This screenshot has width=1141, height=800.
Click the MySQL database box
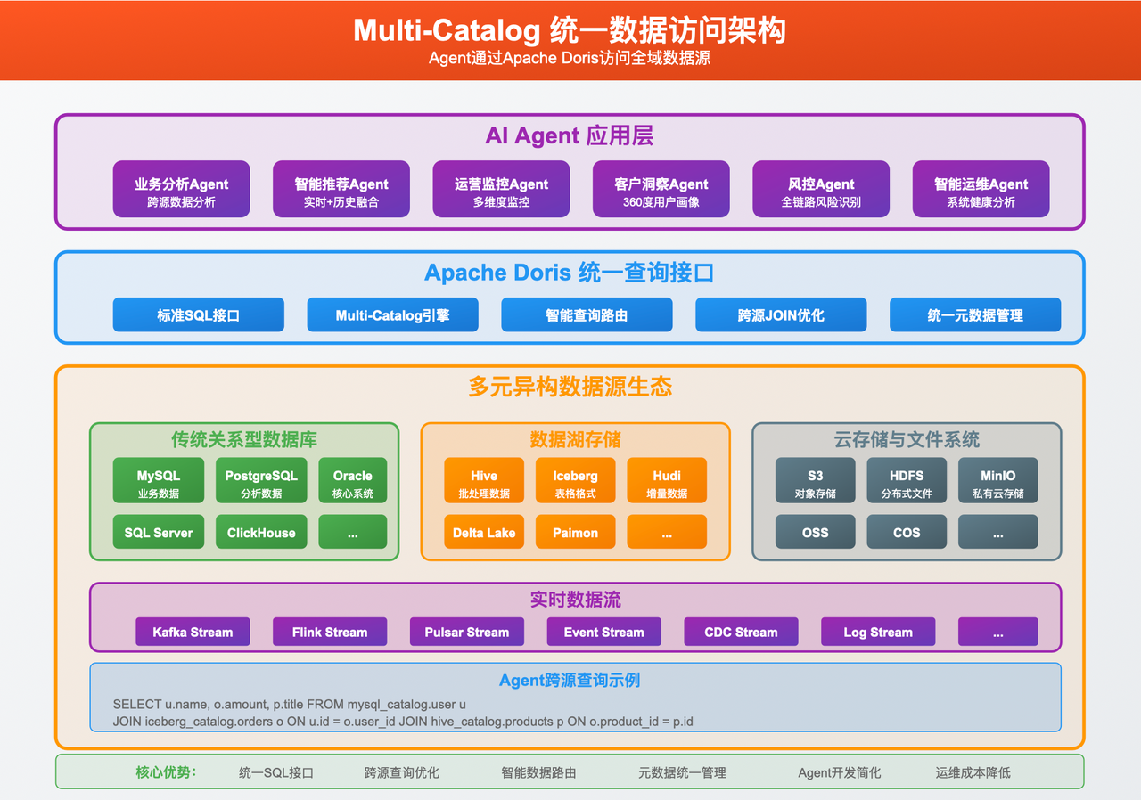tap(159, 482)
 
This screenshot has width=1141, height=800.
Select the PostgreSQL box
tap(261, 482)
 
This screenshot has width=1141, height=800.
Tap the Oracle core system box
tap(352, 482)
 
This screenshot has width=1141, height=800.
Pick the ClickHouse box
tap(261, 532)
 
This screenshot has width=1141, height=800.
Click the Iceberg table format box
tap(575, 482)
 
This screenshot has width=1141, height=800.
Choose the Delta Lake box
tap(484, 532)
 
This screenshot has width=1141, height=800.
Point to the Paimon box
tap(575, 532)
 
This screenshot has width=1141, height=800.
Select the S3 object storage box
tap(815, 482)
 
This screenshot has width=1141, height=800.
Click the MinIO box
tap(997, 482)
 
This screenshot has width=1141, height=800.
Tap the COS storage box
tap(907, 532)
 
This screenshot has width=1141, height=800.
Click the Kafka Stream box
tap(193, 632)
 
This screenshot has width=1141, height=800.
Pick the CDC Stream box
tap(741, 632)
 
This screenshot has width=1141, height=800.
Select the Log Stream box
tap(878, 632)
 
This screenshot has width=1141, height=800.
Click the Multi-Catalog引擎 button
tap(392, 314)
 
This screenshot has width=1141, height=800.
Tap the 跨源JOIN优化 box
tap(781, 314)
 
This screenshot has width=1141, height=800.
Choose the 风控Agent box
tap(821, 189)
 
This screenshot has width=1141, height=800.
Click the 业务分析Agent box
tap(181, 189)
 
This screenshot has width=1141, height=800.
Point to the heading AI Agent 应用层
tap(570, 135)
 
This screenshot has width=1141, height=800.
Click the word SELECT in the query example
tap(137, 704)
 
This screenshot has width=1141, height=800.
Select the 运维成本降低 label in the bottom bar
tap(973, 772)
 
